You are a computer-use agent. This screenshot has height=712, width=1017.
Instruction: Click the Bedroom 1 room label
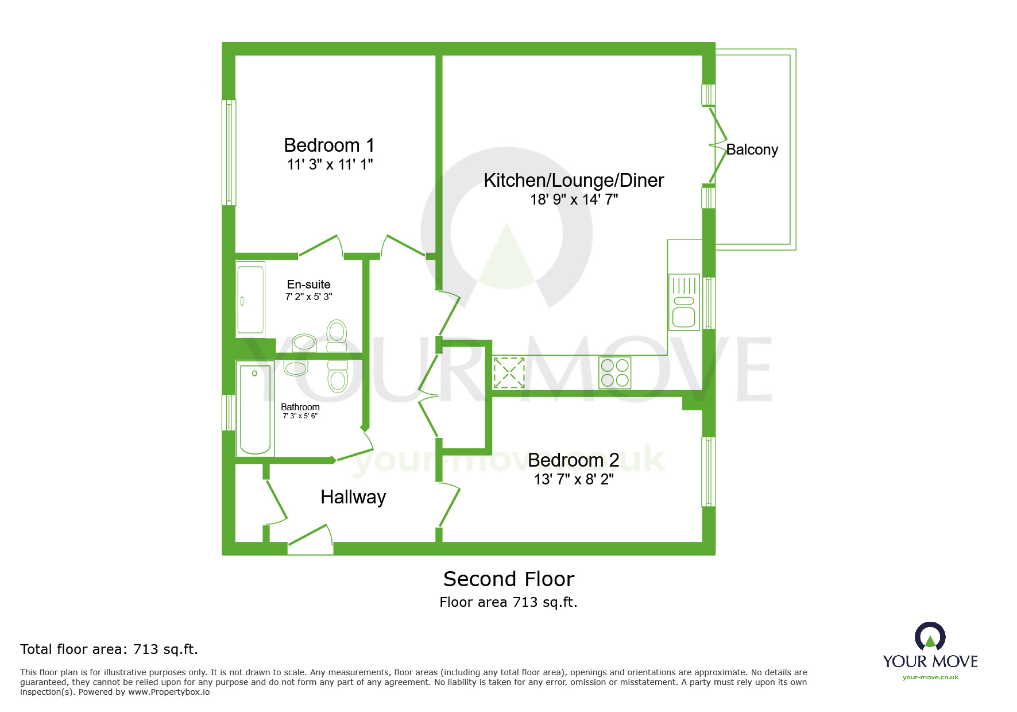[x=329, y=145]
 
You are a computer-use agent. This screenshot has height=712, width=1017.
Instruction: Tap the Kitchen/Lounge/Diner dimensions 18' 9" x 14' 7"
[x=574, y=199]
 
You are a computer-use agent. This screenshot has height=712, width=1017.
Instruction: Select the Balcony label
[x=752, y=149]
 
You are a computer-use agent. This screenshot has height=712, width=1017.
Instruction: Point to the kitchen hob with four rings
[x=615, y=372]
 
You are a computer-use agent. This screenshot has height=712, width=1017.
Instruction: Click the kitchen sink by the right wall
[x=684, y=302]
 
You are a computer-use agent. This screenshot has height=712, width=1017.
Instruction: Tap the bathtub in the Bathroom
[x=255, y=409]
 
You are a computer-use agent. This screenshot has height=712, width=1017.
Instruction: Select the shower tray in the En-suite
[x=251, y=298]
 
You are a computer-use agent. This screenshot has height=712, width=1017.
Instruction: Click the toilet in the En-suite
[x=337, y=336]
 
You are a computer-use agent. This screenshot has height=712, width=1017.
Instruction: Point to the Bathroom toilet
[x=338, y=376]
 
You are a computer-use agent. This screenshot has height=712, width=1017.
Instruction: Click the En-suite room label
[x=308, y=284]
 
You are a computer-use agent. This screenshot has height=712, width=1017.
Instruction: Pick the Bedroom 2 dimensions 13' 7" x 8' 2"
[x=574, y=479]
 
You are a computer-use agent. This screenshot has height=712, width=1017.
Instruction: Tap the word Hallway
[x=353, y=497]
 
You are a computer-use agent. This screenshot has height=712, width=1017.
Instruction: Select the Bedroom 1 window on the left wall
[x=229, y=152]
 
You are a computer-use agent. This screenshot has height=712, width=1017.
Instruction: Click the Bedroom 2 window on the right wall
[x=709, y=472]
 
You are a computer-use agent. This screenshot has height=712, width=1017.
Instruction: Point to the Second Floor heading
[x=509, y=579]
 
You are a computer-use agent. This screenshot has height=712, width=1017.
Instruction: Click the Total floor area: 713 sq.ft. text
[x=109, y=649]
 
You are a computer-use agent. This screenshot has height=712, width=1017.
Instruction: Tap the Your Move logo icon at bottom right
[x=930, y=637]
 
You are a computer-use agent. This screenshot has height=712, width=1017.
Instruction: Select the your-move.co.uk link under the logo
[x=930, y=677]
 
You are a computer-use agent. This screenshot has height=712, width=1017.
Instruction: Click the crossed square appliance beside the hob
[x=509, y=372]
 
